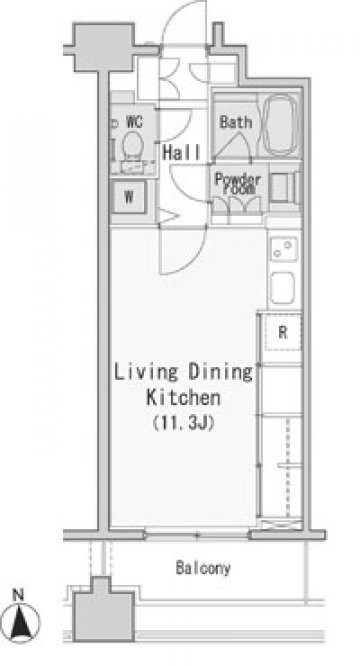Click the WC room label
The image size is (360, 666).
click(x=134, y=122)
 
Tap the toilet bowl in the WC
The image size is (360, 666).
click(x=132, y=145)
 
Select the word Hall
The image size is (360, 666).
click(x=181, y=152)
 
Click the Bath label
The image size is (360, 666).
click(x=236, y=122)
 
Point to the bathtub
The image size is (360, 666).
click(x=280, y=124)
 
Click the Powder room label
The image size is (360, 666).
click(x=238, y=183)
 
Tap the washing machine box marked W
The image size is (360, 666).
click(x=129, y=197)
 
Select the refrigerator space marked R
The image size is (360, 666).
click(x=283, y=332)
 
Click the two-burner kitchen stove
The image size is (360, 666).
click(x=284, y=249)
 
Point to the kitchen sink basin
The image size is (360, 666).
click(x=283, y=288)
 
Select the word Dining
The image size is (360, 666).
click(x=220, y=372)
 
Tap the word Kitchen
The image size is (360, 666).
click(x=183, y=398)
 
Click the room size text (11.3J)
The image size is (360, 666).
click(x=183, y=423)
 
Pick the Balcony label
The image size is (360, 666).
click(x=203, y=568)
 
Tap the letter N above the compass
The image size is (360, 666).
click(x=18, y=595)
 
